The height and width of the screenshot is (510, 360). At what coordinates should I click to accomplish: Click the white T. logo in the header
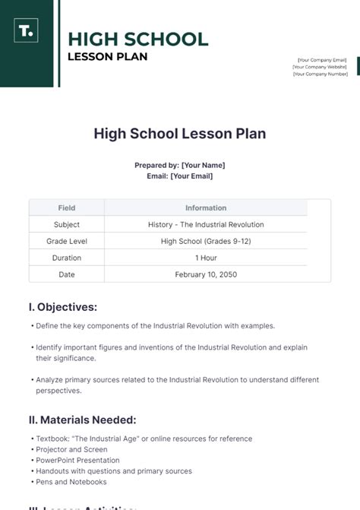25,32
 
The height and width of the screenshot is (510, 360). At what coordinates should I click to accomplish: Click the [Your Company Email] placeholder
322,59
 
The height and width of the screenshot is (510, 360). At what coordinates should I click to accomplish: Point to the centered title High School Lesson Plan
180,134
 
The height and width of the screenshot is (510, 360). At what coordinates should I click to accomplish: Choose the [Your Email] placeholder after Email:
191,176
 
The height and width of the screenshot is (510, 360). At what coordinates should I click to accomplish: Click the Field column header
67,207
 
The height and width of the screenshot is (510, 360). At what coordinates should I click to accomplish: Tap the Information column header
206,207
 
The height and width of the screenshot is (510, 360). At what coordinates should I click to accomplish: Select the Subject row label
67,224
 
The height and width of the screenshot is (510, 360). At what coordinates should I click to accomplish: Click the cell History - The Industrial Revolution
206,224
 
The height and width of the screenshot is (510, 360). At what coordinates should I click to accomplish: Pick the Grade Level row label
67,241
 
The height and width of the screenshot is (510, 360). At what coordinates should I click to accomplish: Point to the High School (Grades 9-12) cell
206,241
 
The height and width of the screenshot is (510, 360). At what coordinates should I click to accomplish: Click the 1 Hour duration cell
206,258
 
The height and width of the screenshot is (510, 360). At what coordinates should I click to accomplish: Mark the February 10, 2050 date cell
206,274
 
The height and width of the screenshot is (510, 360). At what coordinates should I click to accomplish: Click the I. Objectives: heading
63,307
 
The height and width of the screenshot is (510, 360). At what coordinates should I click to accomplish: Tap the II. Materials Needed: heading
83,420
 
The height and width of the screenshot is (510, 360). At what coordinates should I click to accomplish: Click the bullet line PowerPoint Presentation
77,460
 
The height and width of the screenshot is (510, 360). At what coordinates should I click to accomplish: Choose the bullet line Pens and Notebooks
71,481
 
